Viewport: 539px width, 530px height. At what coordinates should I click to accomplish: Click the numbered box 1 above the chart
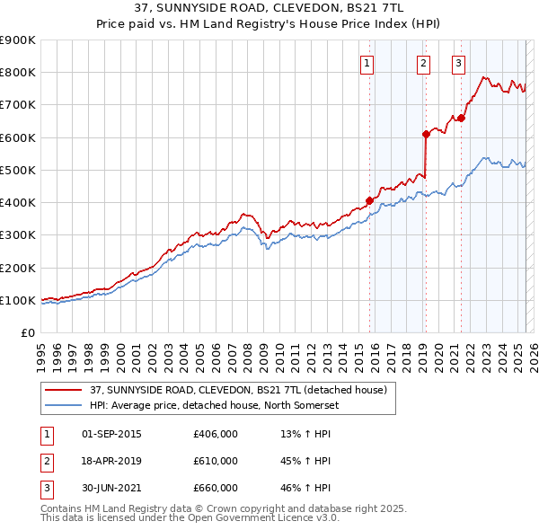pyautogui.click(x=368, y=63)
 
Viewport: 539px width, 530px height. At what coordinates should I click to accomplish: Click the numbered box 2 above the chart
pyautogui.click(x=423, y=63)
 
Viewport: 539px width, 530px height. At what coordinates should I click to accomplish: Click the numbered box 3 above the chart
pyautogui.click(x=458, y=63)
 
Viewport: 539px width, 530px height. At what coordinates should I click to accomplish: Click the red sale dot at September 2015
pyautogui.click(x=369, y=200)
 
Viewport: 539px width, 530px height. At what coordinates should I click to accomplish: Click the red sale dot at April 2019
pyautogui.click(x=426, y=134)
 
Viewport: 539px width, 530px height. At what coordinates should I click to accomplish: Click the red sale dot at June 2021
pyautogui.click(x=461, y=118)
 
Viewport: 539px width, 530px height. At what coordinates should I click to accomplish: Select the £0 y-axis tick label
pyautogui.click(x=28, y=333)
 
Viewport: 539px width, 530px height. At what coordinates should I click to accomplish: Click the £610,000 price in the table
pyautogui.click(x=216, y=461)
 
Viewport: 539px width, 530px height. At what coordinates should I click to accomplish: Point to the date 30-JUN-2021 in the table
pyautogui.click(x=111, y=488)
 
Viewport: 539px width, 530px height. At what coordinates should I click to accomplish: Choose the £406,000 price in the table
pyautogui.click(x=216, y=434)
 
